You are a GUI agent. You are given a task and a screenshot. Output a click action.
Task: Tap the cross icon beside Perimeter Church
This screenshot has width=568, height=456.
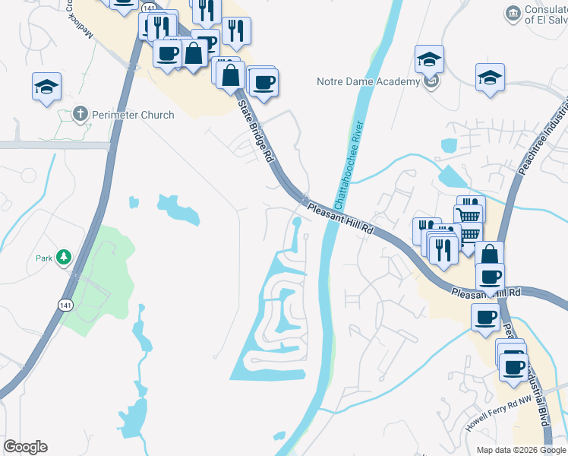[x=80, y=115]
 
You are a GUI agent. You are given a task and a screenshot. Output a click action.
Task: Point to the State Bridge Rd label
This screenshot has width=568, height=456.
[x=255, y=130]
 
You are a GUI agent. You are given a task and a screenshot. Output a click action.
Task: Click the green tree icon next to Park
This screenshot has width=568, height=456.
[x=65, y=258]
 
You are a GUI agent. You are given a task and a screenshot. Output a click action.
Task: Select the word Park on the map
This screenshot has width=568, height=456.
[x=44, y=258]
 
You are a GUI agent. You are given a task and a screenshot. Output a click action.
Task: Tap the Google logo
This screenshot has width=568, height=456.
[x=25, y=447]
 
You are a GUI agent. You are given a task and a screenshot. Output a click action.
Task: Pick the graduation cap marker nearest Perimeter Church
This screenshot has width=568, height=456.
[x=46, y=86]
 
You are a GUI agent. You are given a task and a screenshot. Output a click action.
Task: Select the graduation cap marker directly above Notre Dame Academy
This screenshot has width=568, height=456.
[x=429, y=59]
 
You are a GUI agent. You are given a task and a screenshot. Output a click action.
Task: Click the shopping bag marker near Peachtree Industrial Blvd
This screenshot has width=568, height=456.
[x=490, y=254]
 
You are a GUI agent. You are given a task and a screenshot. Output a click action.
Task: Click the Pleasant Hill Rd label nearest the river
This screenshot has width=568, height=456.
[x=342, y=217]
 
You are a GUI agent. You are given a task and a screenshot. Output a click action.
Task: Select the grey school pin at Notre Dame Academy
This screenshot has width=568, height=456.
[x=431, y=82]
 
